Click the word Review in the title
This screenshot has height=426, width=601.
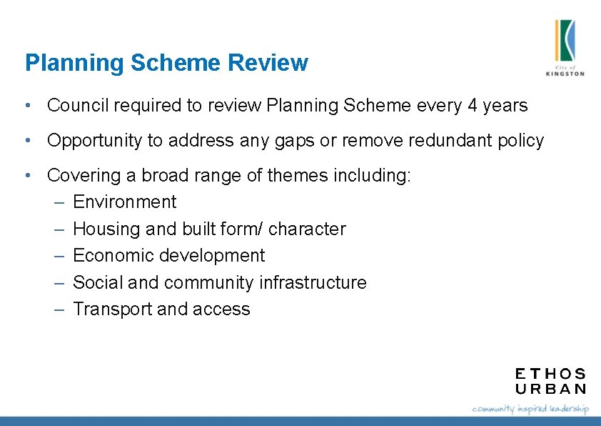(x=268, y=63)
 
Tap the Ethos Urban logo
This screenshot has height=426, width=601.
(x=550, y=381)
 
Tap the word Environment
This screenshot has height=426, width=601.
(x=124, y=202)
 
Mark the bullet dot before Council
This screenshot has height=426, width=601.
(x=26, y=106)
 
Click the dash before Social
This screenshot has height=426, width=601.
(x=60, y=283)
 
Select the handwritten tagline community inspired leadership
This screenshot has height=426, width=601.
(x=530, y=409)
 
